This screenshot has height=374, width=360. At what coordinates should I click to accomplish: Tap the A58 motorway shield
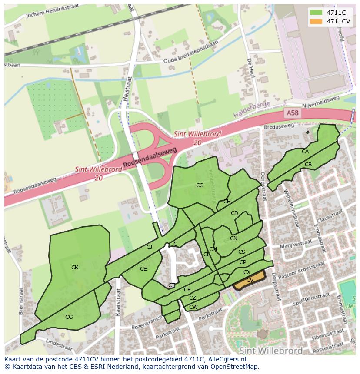click(x=293, y=113)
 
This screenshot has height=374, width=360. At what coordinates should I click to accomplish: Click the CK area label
click(x=75, y=268)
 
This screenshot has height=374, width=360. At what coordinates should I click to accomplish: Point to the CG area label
click(x=69, y=317)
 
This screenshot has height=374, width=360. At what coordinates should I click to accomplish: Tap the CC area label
click(x=200, y=185)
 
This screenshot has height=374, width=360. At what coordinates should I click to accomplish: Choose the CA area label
click(x=305, y=152)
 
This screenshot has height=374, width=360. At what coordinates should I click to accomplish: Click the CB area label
click(x=308, y=165)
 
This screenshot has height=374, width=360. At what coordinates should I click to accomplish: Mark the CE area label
click(x=143, y=269)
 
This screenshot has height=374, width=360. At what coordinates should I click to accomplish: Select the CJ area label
click(x=149, y=247)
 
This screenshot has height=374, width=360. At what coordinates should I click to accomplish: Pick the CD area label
click(x=234, y=213)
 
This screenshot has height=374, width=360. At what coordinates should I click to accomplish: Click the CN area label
click(x=233, y=238)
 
